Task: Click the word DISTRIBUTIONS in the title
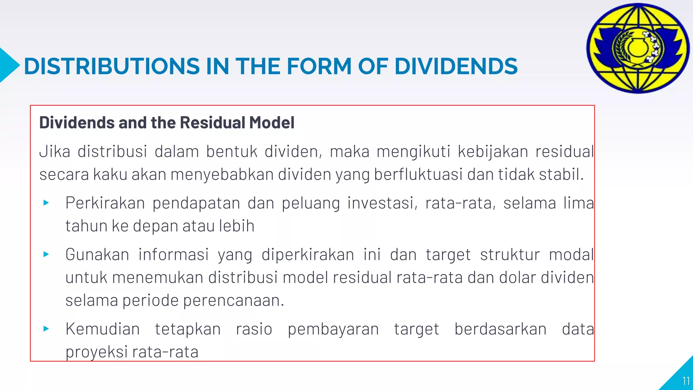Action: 112,66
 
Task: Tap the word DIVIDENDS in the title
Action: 456,66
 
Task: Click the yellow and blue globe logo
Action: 638,48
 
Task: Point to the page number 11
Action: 686,381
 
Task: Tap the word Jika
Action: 54,151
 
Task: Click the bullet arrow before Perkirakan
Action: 46,203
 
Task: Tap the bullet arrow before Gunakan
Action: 46,254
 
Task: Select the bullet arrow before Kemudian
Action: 46,328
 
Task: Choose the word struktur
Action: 510,255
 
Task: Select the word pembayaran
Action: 333,329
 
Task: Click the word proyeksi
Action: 96,352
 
